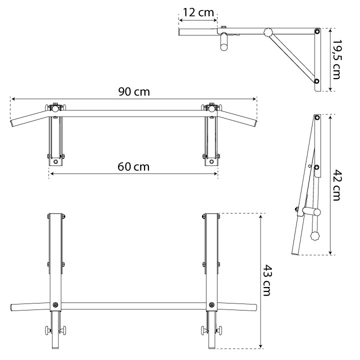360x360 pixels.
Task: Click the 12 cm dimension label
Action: pos(198,12)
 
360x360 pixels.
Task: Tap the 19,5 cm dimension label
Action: pos(337,59)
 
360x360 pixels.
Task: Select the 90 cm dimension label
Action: pos(134,91)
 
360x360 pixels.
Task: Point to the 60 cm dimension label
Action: pos(133,166)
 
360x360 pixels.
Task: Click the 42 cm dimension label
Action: pos(337,185)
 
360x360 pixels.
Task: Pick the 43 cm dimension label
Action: pos(267,280)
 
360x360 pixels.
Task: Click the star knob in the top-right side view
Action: pos(268,32)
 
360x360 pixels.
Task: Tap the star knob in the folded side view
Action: pos(315,236)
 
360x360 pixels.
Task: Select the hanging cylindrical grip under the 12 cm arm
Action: pos(224,42)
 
